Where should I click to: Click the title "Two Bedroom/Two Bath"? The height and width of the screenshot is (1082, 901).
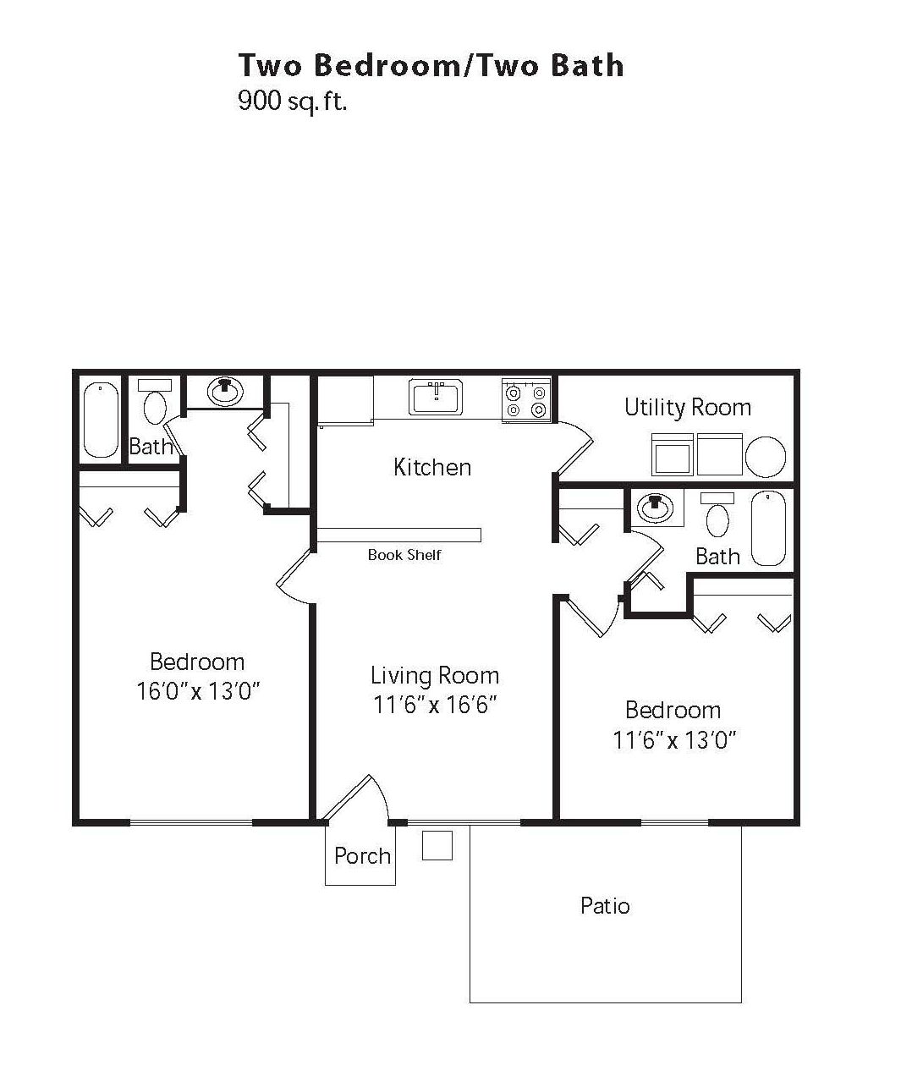pos(431,66)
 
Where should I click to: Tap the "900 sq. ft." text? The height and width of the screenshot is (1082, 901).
pos(292,102)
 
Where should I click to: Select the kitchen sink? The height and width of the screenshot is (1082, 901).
pos(436,397)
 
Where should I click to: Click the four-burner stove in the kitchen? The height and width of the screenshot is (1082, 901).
pos(525,399)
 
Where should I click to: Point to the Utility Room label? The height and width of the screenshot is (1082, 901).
pos(687,408)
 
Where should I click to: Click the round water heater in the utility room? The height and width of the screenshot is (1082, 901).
pos(766,456)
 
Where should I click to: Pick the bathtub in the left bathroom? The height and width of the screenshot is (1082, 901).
pos(101,420)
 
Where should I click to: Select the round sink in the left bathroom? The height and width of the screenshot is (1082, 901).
pos(225,391)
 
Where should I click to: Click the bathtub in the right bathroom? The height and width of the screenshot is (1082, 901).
pos(768,528)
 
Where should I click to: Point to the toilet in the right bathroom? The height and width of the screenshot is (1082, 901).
pos(717,517)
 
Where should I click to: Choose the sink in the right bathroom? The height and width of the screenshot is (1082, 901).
pos(654,508)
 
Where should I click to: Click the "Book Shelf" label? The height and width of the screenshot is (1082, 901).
pos(404,555)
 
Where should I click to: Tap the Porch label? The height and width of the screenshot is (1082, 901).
pos(362,856)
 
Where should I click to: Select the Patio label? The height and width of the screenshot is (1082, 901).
pos(605,906)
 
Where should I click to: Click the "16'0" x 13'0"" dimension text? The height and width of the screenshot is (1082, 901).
pos(197,692)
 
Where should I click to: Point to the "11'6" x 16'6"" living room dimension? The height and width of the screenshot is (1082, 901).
pos(434,705)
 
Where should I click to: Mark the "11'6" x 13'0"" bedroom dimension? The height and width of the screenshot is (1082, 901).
pos(674,741)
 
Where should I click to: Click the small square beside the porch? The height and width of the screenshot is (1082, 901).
pos(437,845)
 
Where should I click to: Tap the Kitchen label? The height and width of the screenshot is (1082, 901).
pos(432,467)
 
